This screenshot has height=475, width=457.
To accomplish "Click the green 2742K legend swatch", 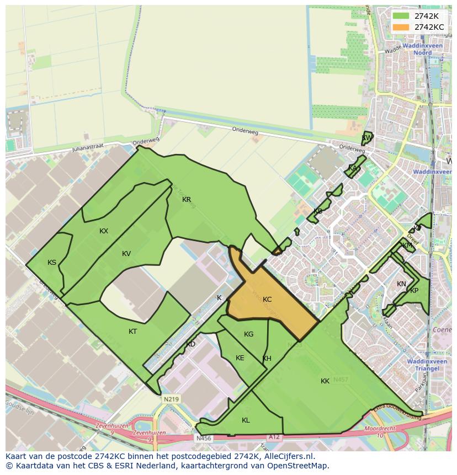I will [401, 16].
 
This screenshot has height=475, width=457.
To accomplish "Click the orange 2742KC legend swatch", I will [401, 27].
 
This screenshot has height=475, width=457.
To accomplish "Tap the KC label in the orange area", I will [267, 300].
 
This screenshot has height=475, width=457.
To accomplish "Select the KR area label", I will [187, 200].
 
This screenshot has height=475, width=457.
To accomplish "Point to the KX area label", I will [104, 231].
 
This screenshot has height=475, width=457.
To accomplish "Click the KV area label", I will [126, 254].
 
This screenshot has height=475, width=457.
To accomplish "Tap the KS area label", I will [52, 263].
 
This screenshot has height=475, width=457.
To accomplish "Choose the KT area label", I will [132, 332].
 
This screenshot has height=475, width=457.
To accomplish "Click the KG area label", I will [248, 334].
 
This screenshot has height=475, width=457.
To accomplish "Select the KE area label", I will [240, 358].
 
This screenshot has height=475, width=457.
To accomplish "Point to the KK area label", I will [325, 381].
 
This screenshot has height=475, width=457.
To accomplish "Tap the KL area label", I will [246, 420].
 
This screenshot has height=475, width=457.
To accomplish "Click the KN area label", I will [401, 284].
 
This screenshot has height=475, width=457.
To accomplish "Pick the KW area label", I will [366, 138].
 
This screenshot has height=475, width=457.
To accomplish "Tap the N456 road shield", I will [204, 439].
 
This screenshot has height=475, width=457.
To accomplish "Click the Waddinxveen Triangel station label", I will [423, 365].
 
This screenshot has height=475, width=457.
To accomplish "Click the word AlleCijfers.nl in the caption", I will [288, 456].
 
